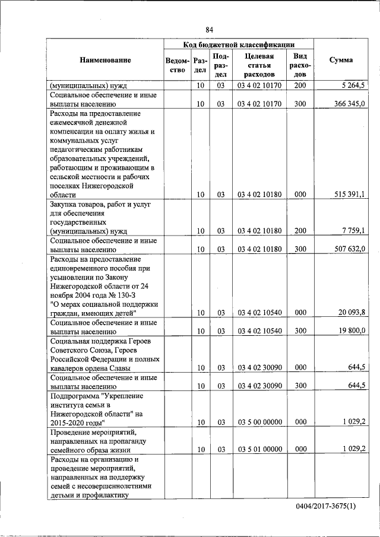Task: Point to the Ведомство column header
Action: tap(178, 65)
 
